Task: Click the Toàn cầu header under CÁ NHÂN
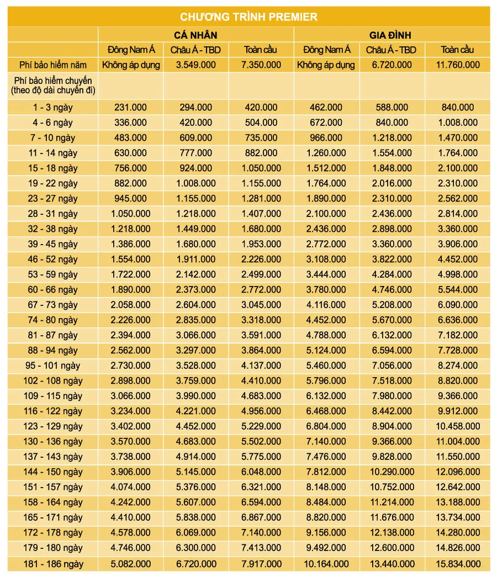pyautogui.click(x=261, y=50)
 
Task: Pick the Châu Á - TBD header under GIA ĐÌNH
pyautogui.click(x=391, y=50)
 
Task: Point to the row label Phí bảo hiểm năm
pyautogui.click(x=52, y=65)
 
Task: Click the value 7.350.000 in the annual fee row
pyautogui.click(x=261, y=65)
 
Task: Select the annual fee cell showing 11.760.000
pyautogui.click(x=457, y=65)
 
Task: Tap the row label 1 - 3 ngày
pyautogui.click(x=52, y=108)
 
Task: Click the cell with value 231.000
pyautogui.click(x=130, y=108)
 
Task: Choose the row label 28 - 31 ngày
pyautogui.click(x=52, y=214)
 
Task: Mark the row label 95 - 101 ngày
pyautogui.click(x=52, y=366)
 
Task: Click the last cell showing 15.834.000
pyautogui.click(x=457, y=564)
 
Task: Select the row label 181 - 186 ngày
pyautogui.click(x=52, y=564)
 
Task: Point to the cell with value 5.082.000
pyautogui.click(x=130, y=564)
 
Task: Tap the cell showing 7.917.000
pyautogui.click(x=261, y=564)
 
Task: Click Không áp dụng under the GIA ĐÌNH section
pyautogui.click(x=326, y=65)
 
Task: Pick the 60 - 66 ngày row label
pyautogui.click(x=52, y=290)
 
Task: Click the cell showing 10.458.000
pyautogui.click(x=457, y=426)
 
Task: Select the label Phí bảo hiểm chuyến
pyautogui.click(x=52, y=81)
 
